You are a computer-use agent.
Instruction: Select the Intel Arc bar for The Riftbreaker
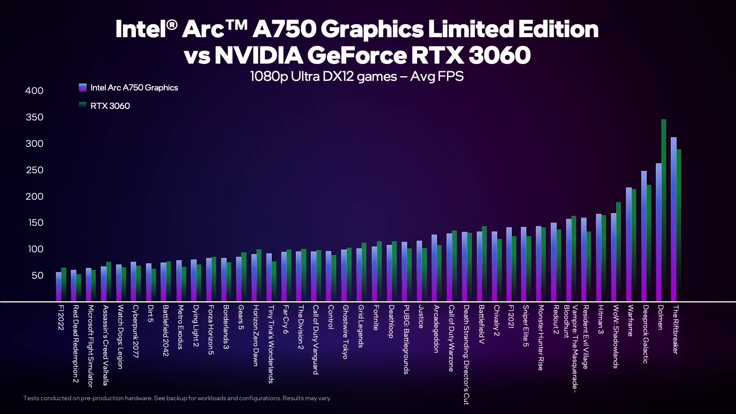click(674, 219)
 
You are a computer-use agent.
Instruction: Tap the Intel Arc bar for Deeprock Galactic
click(644, 236)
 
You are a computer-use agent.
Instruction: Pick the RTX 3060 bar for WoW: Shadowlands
click(618, 251)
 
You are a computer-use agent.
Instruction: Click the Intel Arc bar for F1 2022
click(59, 286)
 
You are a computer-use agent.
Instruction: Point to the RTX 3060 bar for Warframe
click(634, 245)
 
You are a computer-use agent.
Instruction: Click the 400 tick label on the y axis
click(34, 91)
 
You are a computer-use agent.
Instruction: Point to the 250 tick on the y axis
click(34, 170)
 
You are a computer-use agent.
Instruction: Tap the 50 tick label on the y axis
click(37, 276)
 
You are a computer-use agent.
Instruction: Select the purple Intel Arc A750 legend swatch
click(83, 88)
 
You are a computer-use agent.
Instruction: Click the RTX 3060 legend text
click(110, 106)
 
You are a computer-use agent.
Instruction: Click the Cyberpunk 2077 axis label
click(135, 331)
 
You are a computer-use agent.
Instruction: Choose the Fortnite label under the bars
click(376, 317)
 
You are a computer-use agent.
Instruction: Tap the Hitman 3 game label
click(601, 319)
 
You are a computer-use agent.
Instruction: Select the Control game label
click(330, 317)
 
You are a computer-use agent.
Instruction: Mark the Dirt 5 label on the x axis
click(150, 313)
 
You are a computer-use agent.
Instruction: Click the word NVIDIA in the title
click(258, 55)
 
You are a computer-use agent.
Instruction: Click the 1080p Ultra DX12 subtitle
click(357, 76)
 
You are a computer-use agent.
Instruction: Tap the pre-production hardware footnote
click(177, 398)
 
